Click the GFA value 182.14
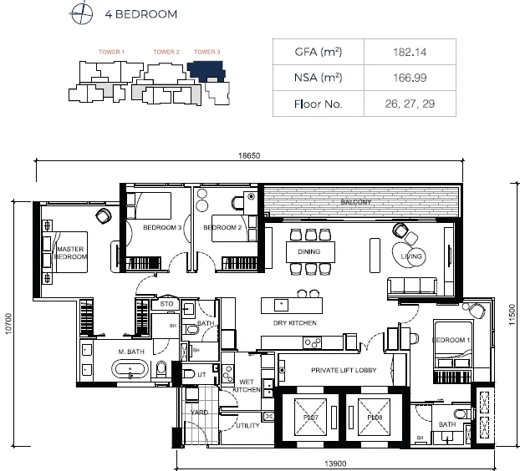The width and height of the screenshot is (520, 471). tap(410, 52)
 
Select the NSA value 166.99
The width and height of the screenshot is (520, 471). tap(410, 78)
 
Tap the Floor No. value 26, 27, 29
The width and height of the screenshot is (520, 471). tap(410, 105)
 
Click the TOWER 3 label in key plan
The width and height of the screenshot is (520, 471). tap(206, 53)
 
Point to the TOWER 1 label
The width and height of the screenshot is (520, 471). tap(111, 53)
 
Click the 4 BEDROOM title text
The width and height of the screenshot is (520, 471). tap(141, 14)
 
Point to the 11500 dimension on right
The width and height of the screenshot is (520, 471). tap(512, 321)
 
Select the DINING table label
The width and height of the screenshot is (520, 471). tap(310, 250)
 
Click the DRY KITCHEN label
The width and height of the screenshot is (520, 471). tap(293, 322)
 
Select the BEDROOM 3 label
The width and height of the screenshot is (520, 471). tap(162, 227)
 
